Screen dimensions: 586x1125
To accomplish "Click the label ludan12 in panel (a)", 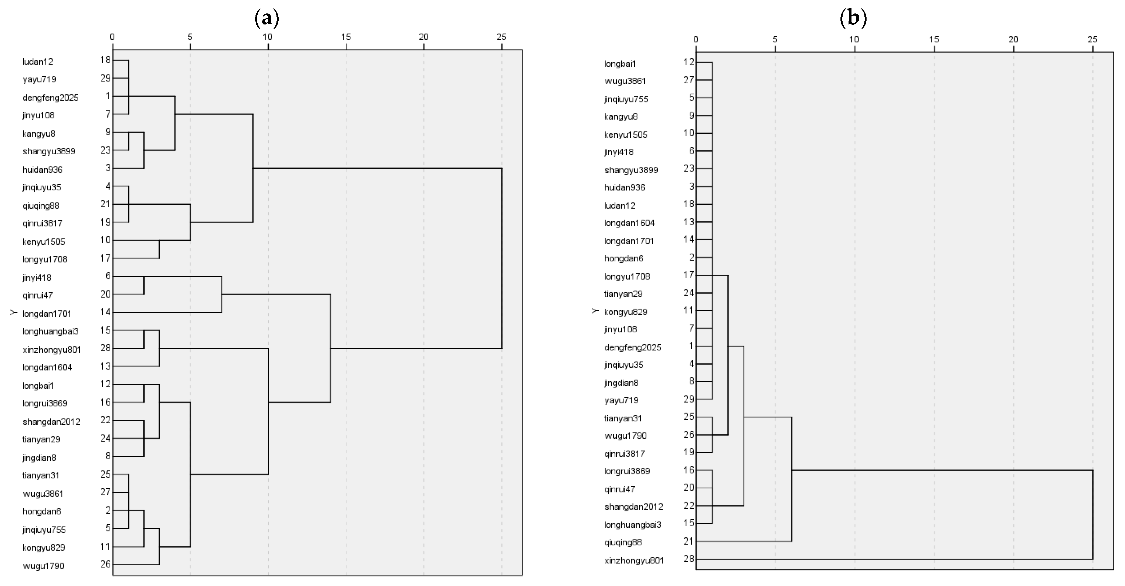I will click(38, 62).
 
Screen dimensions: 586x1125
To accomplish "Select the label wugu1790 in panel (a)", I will click(43, 566).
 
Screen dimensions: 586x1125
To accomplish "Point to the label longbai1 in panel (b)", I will click(620, 64).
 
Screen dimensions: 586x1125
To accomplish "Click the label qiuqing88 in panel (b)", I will click(623, 542).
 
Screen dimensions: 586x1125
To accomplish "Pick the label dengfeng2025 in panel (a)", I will click(50, 98).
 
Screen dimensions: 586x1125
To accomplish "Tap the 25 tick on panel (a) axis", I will click(501, 37).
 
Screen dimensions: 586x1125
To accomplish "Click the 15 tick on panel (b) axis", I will click(934, 39).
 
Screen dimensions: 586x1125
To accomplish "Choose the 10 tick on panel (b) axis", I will click(854, 39).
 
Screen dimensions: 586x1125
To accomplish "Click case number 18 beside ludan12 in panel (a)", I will click(105, 60).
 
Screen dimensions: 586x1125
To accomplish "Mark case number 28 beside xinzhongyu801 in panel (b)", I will click(689, 559).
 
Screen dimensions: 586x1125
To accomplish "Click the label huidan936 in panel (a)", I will click(42, 170).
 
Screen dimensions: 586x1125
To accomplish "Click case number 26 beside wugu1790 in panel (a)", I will click(105, 564).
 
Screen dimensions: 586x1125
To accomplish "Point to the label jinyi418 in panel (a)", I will click(37, 278).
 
